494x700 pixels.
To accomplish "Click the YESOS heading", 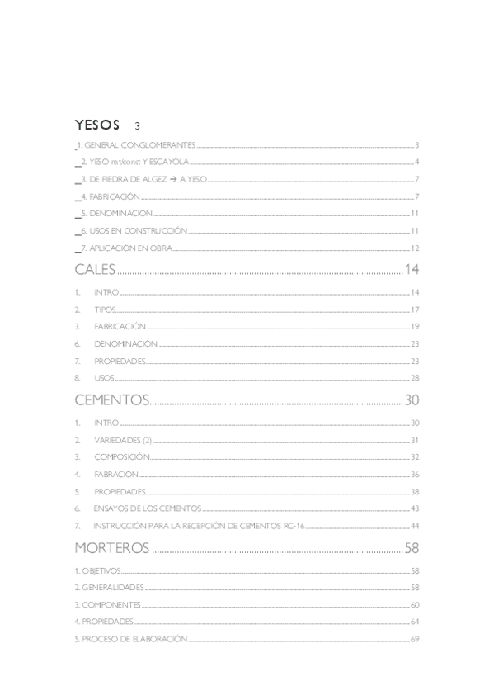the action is coord(97,125).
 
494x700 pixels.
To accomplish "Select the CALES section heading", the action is coord(95,269).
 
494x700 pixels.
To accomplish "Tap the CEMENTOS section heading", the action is coord(111,400).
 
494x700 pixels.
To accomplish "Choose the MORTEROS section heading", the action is coord(111,548).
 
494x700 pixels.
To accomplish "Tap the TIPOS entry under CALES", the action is coord(105,310).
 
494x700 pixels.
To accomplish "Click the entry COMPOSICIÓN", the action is coord(122,457).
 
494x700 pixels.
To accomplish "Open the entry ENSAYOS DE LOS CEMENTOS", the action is coord(147,508).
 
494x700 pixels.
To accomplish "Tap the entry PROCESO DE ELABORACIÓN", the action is coord(134,639).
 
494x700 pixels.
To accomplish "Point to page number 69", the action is coord(415,639).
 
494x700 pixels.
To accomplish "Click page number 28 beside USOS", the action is coord(415,377).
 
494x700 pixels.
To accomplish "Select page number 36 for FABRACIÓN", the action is coord(415,475).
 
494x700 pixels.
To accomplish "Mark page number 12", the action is coord(416,248).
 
